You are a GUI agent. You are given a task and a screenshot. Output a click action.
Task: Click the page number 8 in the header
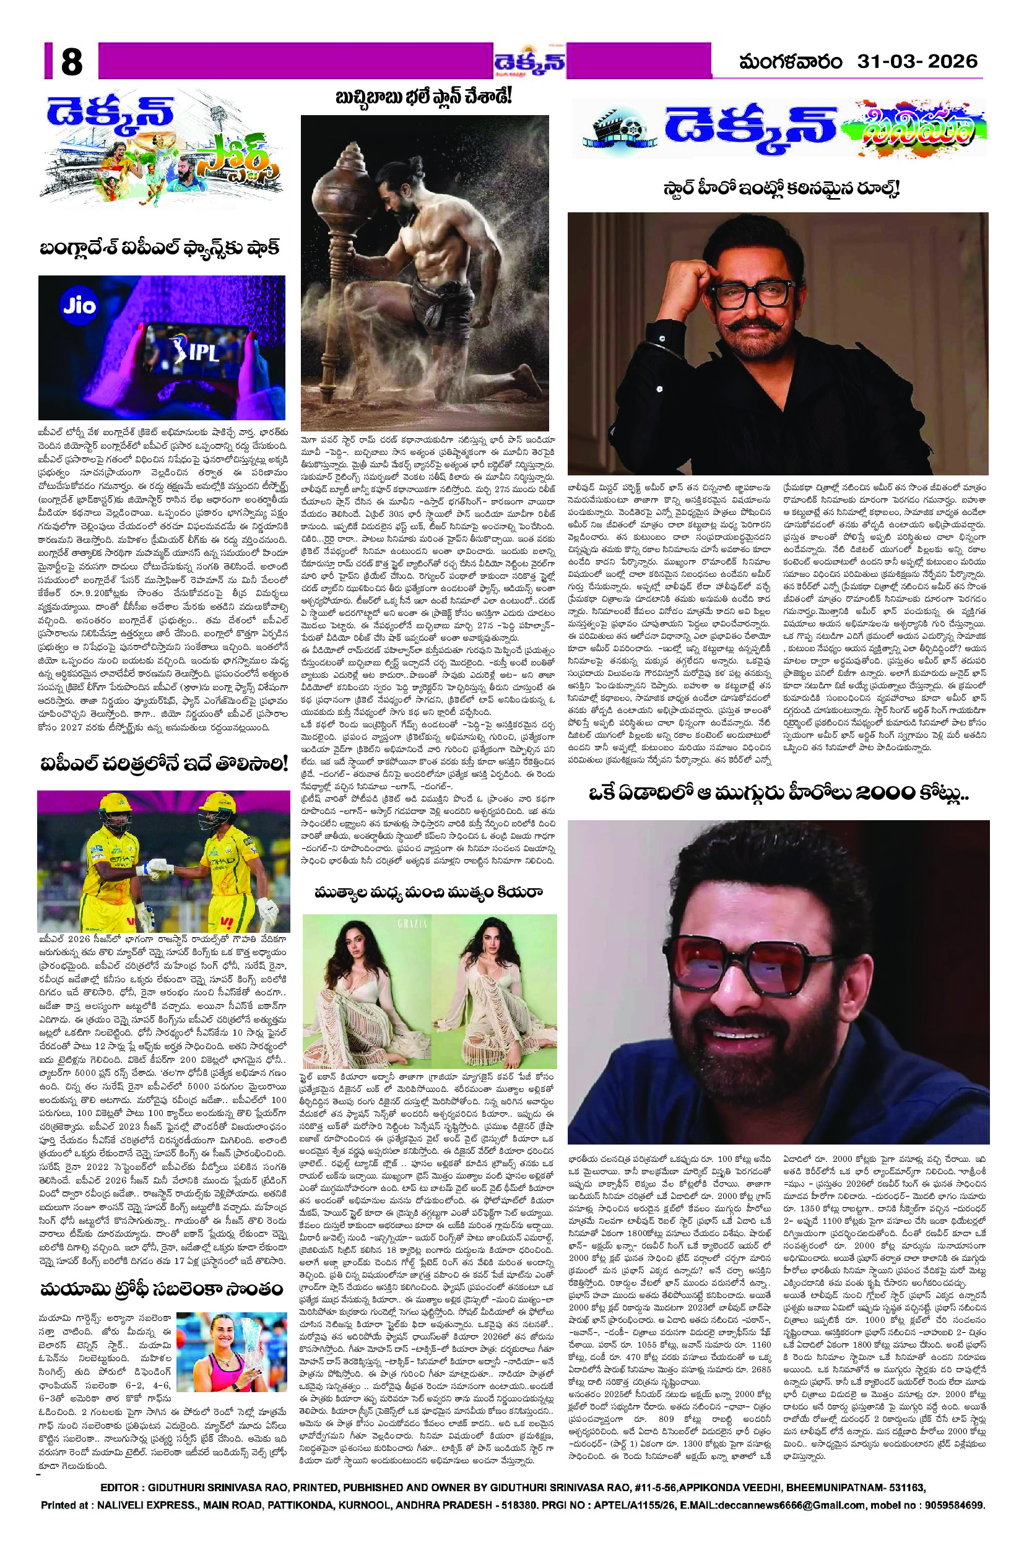tap(71, 63)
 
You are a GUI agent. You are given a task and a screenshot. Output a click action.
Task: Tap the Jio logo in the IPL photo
tap(80, 305)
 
